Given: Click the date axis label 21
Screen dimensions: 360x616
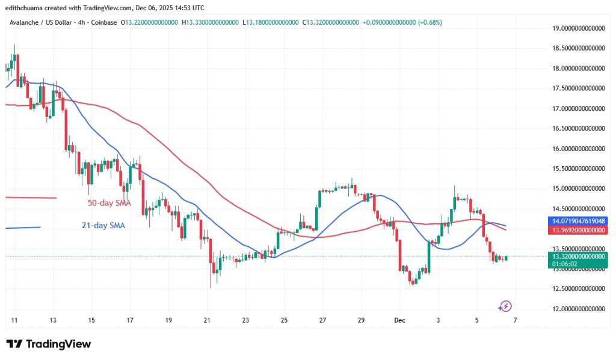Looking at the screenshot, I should point(207,320).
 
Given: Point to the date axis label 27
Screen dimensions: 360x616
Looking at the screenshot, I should point(322,320).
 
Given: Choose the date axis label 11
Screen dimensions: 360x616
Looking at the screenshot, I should point(14,320).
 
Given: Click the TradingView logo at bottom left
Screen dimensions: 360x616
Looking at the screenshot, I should point(49,344).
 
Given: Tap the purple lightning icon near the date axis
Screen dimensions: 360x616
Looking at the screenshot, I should point(505,306).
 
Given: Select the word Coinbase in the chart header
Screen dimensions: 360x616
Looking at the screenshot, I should point(105,23).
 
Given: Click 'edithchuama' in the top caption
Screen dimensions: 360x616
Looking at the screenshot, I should point(23,8).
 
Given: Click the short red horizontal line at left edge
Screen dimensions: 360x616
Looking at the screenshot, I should point(30,197).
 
